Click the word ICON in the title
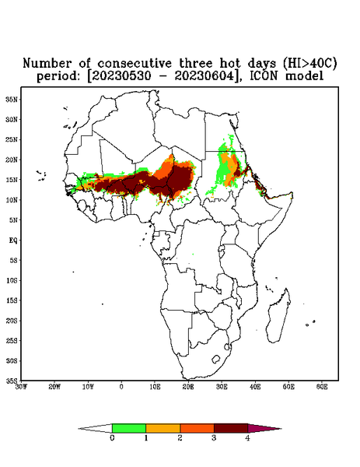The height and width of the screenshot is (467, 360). [264, 76]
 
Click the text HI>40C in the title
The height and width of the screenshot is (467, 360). [309, 63]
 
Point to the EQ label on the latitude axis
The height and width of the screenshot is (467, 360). [13, 240]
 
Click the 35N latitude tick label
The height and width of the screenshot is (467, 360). [12, 99]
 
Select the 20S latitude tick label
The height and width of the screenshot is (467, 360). [12, 321]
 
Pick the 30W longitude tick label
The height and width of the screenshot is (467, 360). [21, 387]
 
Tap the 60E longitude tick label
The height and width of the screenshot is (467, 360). [322, 387]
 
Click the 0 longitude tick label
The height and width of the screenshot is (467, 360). [121, 387]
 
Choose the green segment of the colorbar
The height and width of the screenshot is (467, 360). [129, 428]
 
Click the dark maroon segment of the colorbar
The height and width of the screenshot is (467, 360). [231, 428]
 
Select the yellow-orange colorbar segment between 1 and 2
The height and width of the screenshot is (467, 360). [163, 428]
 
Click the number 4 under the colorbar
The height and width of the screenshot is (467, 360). [247, 438]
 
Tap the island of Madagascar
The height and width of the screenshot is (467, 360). [278, 316]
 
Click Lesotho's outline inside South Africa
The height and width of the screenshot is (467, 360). [216, 359]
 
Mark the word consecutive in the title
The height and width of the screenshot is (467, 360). [135, 63]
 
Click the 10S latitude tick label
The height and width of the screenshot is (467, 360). [12, 280]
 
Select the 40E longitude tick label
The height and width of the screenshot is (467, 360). [255, 387]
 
